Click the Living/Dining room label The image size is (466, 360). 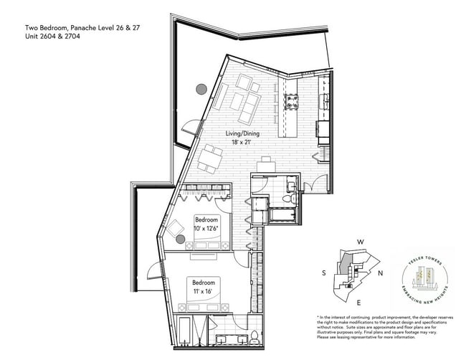coord(243,134)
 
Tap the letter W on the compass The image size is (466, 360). coord(362,242)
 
